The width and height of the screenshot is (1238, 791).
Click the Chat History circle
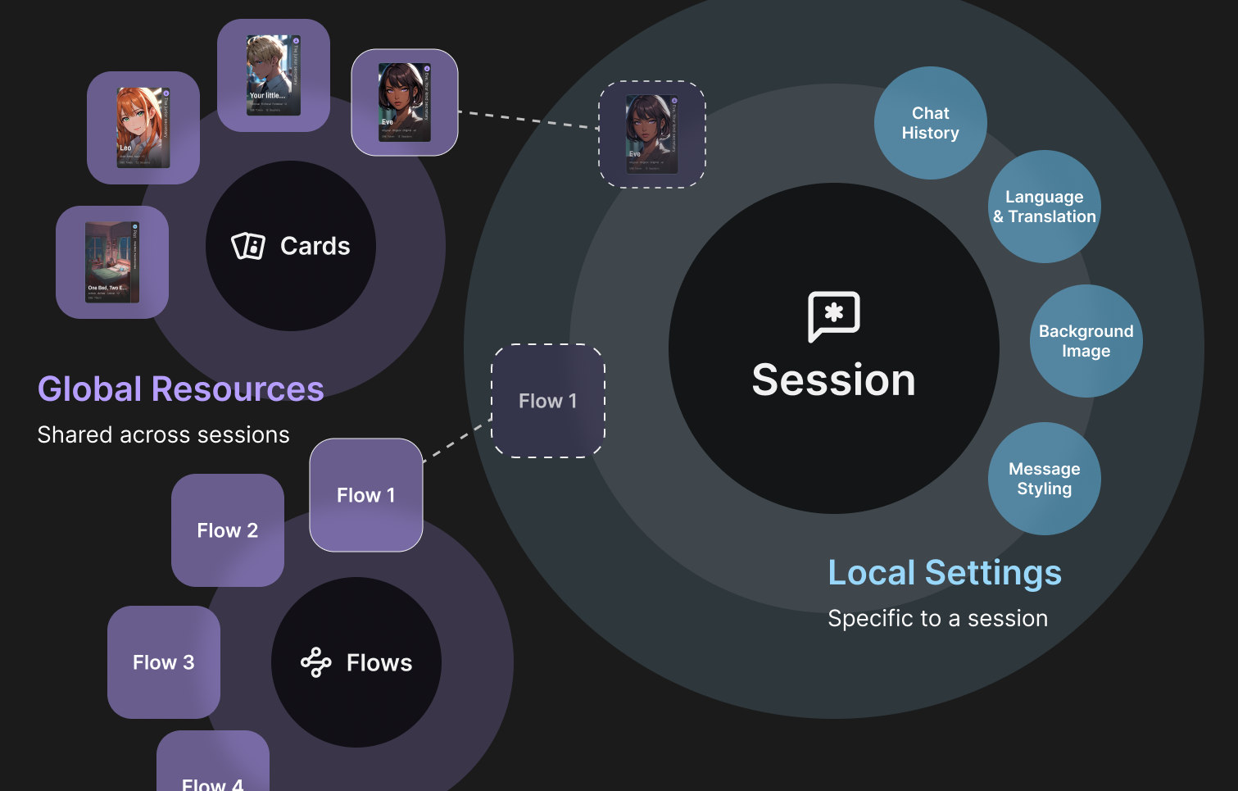930,123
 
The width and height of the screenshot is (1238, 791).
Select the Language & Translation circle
1044,207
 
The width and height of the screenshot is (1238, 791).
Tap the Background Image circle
1086,341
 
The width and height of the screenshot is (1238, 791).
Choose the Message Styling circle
1044,479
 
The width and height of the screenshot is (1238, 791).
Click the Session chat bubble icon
833,316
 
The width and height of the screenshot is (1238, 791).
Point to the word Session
833,380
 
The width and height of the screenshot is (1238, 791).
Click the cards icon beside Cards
248,246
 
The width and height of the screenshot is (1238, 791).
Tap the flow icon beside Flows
315,662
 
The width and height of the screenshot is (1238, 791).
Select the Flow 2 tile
228,530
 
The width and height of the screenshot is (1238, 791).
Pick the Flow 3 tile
164,662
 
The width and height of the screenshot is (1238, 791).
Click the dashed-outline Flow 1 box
547,401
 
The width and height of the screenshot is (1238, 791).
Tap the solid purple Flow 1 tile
366,495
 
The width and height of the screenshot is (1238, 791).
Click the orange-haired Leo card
143,128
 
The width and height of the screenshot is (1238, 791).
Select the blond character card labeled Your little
274,75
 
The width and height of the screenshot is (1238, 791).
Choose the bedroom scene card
112,262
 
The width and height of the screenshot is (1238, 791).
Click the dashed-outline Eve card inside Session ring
652,134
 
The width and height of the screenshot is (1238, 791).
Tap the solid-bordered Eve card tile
405,102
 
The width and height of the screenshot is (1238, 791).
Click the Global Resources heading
181,389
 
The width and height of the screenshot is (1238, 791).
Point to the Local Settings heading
945,573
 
